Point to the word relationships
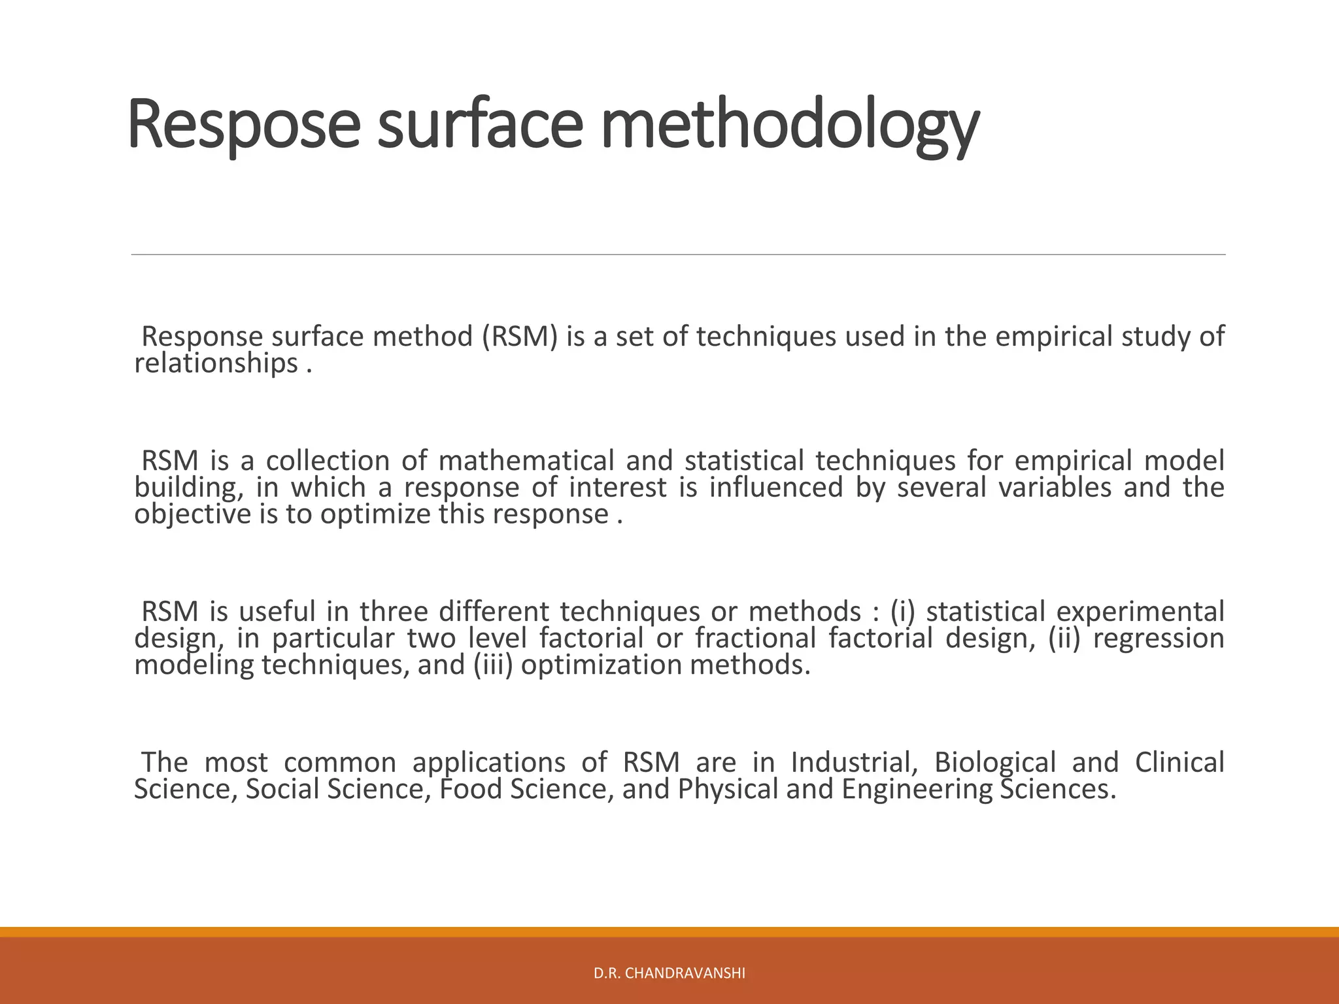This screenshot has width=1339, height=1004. coord(216,363)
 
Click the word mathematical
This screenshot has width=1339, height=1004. coord(526,461)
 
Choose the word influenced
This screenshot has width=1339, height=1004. coord(776,488)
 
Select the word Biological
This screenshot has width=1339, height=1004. coord(995,762)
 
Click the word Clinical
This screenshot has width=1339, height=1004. coord(1179,762)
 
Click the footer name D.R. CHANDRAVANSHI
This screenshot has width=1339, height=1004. coord(669,974)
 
